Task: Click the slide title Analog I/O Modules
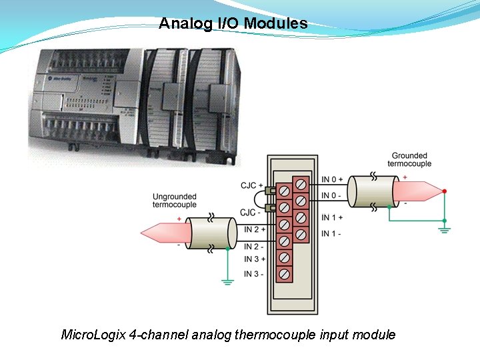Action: coord(233,24)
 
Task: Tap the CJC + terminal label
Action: coord(251,185)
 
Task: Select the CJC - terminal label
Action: coord(250,213)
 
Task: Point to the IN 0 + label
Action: coord(332,179)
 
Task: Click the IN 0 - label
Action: coord(331,195)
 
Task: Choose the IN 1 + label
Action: coord(332,218)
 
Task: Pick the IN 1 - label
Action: coord(331,234)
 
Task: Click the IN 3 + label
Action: coord(254,259)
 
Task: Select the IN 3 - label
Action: coord(253,273)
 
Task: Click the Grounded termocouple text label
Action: coord(409,159)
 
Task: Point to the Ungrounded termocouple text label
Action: coord(175,201)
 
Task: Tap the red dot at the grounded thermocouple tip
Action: coord(445,191)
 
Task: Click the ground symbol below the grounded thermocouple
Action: coord(445,229)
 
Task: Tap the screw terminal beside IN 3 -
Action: coord(285,273)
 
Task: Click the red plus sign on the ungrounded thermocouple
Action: coord(179,219)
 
